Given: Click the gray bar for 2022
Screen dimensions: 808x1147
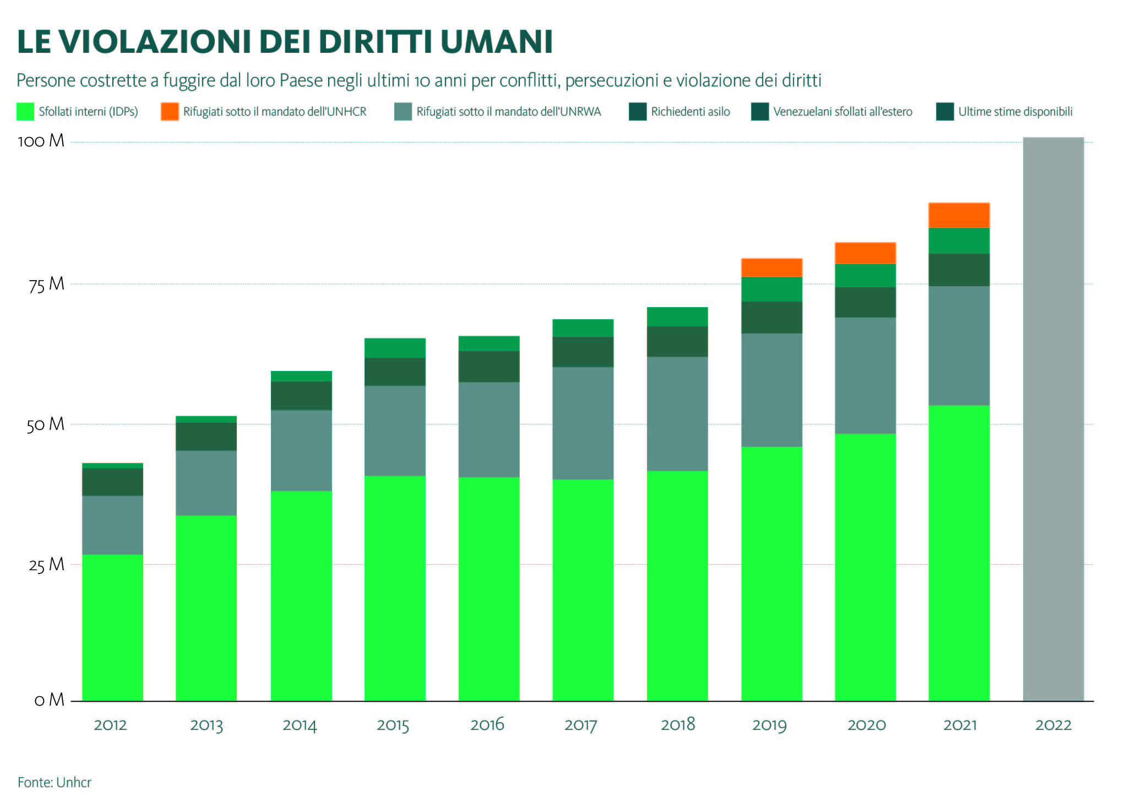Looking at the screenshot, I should coord(1053,418).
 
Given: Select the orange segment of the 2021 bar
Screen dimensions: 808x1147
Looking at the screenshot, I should coord(959,215).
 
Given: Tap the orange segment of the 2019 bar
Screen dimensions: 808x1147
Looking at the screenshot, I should coord(771,267).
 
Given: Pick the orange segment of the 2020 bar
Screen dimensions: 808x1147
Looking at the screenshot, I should coord(865,253).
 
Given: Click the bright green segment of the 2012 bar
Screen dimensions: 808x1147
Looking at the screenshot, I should coord(112,627).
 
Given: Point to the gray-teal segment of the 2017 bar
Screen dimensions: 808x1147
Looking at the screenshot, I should coord(583,423).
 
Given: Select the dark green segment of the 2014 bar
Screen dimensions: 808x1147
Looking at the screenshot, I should coord(301,396).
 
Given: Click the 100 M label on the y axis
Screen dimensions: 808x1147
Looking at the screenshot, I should coord(41,141).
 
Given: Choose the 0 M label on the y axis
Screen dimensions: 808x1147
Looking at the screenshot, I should coord(50,700).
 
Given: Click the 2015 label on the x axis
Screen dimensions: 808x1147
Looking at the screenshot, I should coord(393,725).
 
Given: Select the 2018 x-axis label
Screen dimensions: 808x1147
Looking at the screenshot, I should coord(677,724).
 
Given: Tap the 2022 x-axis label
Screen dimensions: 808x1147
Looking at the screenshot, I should coord(1053,725).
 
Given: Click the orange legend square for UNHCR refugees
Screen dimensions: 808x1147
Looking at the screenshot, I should coord(170,112).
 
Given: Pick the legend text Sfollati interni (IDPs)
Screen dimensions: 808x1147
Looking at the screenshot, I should coord(88,112).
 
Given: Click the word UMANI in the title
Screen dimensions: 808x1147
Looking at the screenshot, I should coord(496,42).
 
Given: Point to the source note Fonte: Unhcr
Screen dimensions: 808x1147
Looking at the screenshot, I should coord(55,782).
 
